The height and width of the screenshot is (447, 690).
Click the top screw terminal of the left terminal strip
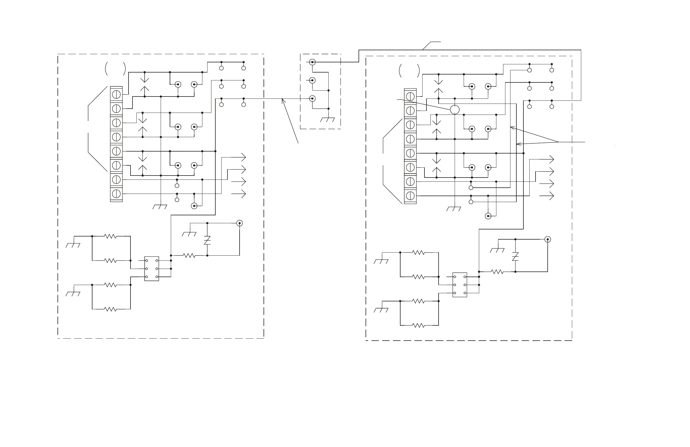pyautogui.click(x=116, y=94)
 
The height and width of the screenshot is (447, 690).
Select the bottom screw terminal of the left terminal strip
pyautogui.click(x=116, y=194)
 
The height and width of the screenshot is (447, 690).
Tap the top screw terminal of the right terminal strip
pyautogui.click(x=410, y=97)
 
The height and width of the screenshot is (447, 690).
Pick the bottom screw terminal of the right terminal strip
pyautogui.click(x=410, y=196)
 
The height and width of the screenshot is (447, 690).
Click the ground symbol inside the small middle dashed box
pyautogui.click(x=327, y=119)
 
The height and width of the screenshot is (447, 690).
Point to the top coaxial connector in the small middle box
pyautogui.click(x=312, y=62)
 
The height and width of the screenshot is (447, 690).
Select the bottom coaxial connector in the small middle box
pyautogui.click(x=312, y=99)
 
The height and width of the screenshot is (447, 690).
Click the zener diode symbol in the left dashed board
pyautogui.click(x=207, y=241)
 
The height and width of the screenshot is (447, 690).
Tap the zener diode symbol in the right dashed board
pyautogui.click(x=515, y=257)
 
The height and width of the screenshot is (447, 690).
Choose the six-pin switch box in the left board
pyautogui.click(x=152, y=268)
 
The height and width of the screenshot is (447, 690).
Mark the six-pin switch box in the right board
pyautogui.click(x=459, y=285)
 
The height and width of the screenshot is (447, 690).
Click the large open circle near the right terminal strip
pyautogui.click(x=455, y=110)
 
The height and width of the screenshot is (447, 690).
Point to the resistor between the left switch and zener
pyautogui.click(x=189, y=256)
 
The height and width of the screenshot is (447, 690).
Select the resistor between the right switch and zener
pyautogui.click(x=497, y=272)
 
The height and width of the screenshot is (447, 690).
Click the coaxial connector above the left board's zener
pyautogui.click(x=240, y=223)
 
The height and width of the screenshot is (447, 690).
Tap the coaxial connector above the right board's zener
pyautogui.click(x=548, y=240)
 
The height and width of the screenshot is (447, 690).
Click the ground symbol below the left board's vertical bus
pyautogui.click(x=160, y=207)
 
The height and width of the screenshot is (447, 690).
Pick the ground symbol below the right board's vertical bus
pyautogui.click(x=454, y=209)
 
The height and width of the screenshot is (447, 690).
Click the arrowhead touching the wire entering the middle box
pyautogui.click(x=283, y=100)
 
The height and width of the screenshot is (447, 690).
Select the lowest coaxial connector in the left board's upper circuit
pyautogui.click(x=194, y=206)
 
